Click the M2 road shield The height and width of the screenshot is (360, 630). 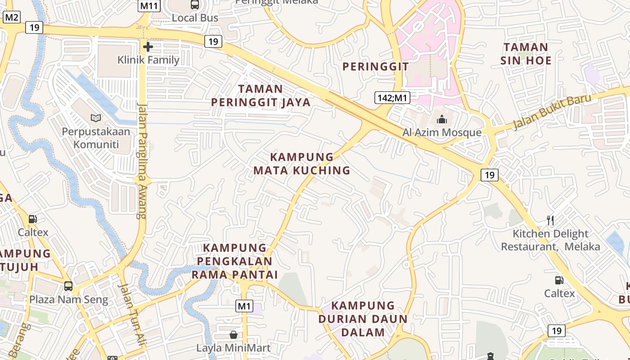click(x=11, y=18)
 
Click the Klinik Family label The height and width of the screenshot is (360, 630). click(x=148, y=60)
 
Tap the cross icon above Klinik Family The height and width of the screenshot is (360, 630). click(x=148, y=46)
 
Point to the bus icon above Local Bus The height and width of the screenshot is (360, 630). click(x=195, y=5)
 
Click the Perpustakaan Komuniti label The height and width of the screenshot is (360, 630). click(x=96, y=138)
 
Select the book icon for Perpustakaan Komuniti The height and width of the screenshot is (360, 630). click(x=96, y=118)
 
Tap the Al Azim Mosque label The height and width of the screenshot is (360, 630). click(x=441, y=132)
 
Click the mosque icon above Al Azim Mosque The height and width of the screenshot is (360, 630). click(x=441, y=119)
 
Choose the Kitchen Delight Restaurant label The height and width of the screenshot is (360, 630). click(x=550, y=240)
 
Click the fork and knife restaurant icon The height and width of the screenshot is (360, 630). click(x=550, y=220)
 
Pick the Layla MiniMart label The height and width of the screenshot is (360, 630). click(x=234, y=348)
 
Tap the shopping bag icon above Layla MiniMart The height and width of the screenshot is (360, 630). click(x=234, y=335)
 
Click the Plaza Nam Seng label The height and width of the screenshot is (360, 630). click(x=69, y=300)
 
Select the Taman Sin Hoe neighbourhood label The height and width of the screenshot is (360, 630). click(x=526, y=54)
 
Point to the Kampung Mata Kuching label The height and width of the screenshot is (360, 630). click(x=301, y=163)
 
